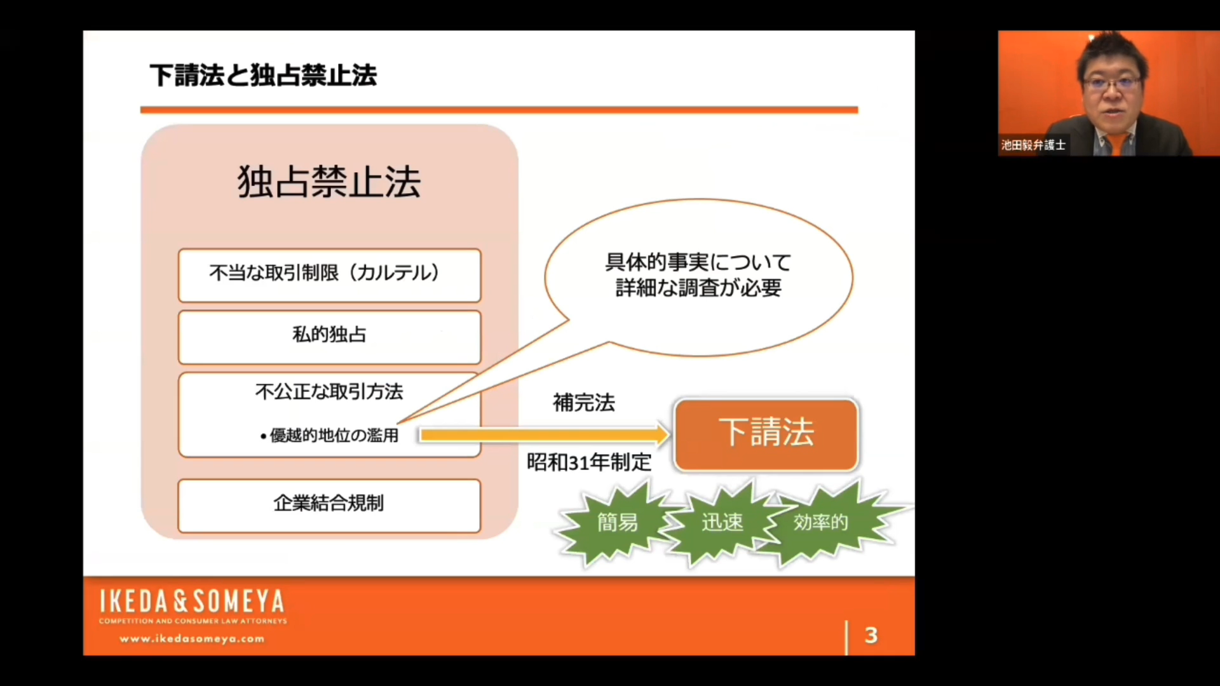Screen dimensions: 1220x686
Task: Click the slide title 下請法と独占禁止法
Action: coord(263,75)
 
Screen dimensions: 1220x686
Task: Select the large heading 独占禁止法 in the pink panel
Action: coord(329,182)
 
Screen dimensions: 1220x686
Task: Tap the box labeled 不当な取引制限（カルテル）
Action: coord(329,275)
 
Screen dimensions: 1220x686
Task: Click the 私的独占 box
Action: coord(329,337)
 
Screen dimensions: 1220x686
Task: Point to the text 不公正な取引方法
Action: coord(329,391)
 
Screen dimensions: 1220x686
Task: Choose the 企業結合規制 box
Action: coord(329,506)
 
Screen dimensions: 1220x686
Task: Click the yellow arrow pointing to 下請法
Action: coord(545,435)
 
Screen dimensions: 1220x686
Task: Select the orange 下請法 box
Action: coord(766,435)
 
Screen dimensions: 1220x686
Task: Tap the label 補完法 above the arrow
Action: coord(584,403)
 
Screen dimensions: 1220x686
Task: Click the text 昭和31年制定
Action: coord(589,462)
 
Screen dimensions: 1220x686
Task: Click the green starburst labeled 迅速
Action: coord(722,522)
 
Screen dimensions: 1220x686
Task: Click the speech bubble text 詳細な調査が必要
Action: coord(698,288)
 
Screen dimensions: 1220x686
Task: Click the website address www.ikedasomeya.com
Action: coord(192,639)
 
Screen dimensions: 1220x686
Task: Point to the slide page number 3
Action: coord(871,635)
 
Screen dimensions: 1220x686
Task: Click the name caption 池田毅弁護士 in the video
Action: coord(1033,145)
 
